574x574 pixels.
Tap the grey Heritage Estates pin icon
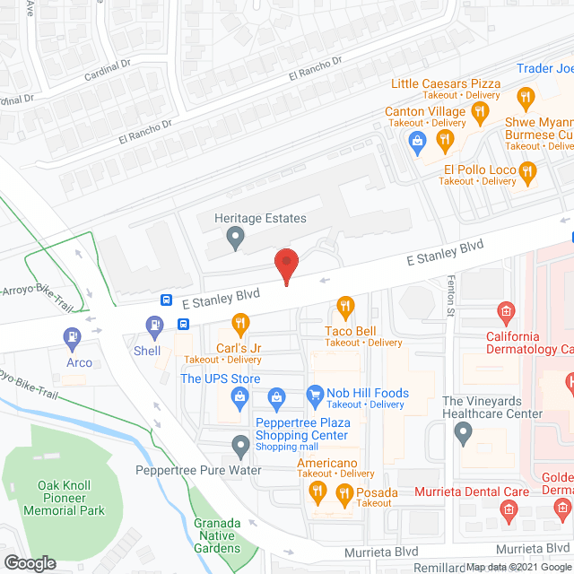236,238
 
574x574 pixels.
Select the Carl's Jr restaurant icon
239,323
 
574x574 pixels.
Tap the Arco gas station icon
70,337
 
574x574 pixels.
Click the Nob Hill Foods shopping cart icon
314,394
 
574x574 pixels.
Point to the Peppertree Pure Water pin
239,444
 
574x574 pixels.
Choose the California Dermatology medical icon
505,313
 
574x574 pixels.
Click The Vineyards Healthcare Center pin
463,434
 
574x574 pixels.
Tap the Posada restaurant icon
344,492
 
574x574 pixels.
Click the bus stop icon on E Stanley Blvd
167,300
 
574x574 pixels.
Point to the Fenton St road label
450,291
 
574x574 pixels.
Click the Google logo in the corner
29,562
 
